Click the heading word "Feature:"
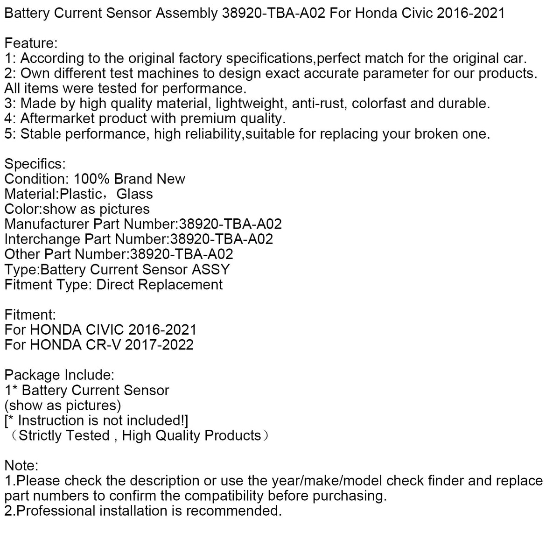(31, 43)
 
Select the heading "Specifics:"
(35, 164)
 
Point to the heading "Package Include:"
(59, 375)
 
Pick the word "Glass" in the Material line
(135, 194)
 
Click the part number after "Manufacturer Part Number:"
(231, 224)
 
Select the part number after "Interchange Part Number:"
(222, 239)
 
